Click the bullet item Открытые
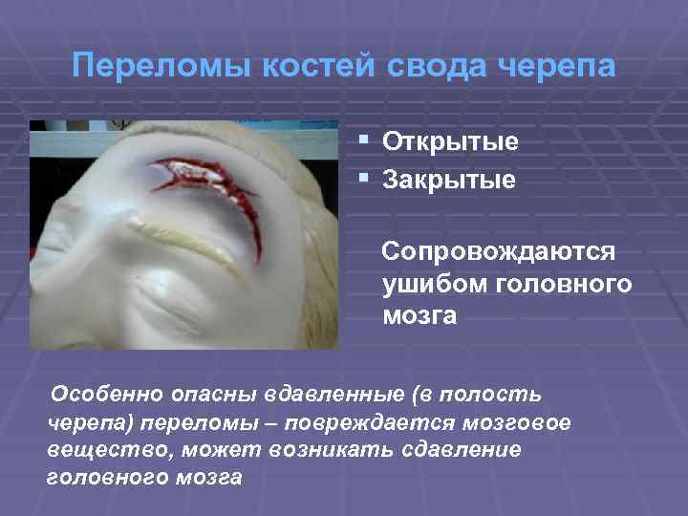click(450, 142)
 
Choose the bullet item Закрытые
click(449, 179)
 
